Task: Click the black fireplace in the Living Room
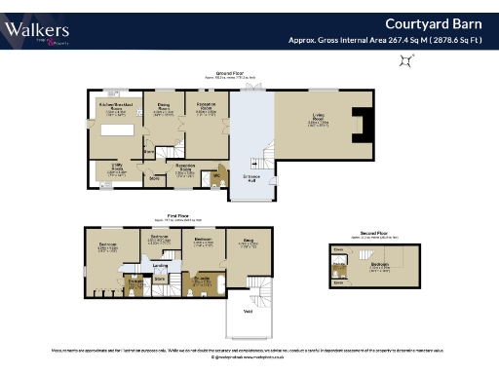362,127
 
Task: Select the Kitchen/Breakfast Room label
115,104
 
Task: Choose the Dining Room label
164,108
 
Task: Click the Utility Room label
115,168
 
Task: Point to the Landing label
161,264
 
